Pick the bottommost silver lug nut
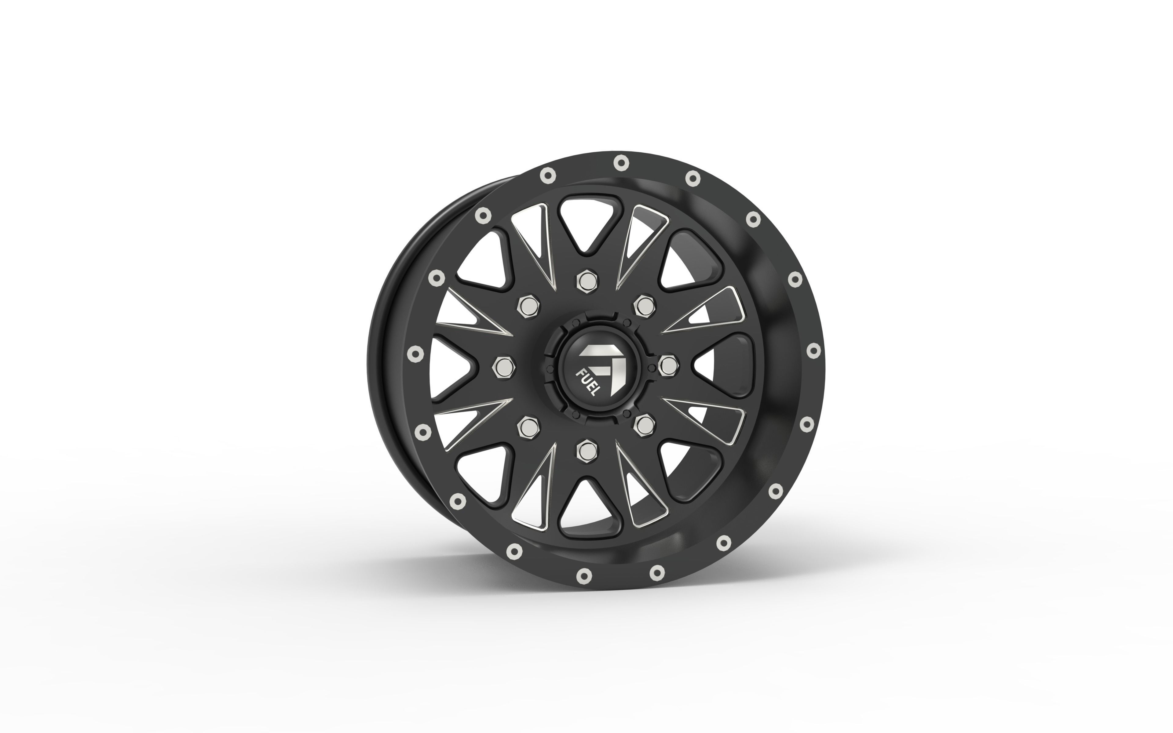[586, 449]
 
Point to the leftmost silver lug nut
[503, 366]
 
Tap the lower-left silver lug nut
[528, 426]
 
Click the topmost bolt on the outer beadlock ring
[621, 163]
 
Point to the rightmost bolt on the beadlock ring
[813, 350]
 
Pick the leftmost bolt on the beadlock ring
[415, 354]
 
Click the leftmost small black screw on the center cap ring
[549, 369]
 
